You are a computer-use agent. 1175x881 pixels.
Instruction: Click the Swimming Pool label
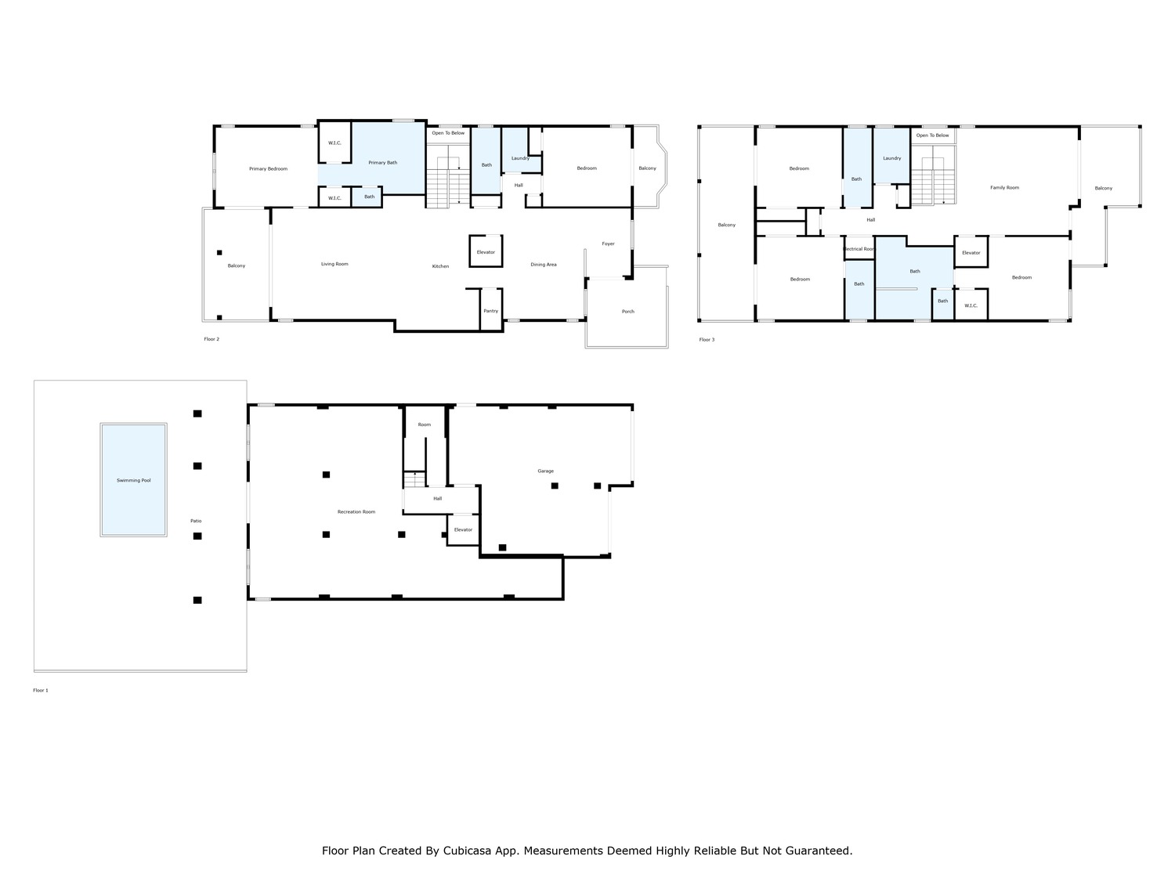[x=133, y=480]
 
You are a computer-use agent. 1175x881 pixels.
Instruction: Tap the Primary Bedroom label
[x=268, y=169]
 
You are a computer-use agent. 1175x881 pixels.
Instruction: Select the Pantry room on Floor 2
[x=491, y=310]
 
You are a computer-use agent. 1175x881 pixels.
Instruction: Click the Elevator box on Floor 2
[x=486, y=251]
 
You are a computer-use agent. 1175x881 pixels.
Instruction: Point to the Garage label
[x=545, y=471]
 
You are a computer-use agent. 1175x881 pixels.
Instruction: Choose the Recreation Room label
[x=356, y=512]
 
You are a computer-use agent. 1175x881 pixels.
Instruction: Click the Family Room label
[x=1004, y=188]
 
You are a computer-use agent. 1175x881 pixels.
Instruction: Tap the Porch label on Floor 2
[x=628, y=312]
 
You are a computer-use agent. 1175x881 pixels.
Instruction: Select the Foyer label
[x=608, y=244]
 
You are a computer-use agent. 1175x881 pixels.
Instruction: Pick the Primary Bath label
[x=383, y=163]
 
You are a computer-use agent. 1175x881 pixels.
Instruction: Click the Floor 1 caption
[x=41, y=691]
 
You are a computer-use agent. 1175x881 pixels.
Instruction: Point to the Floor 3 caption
[x=707, y=340]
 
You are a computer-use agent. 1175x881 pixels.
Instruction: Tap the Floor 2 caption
[x=211, y=339]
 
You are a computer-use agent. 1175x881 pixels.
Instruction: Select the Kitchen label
[x=440, y=266]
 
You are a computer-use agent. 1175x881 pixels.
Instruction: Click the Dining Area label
[x=544, y=265]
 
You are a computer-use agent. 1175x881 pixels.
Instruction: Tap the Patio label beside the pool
[x=196, y=521]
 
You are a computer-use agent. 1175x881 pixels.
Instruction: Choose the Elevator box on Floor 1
[x=463, y=529]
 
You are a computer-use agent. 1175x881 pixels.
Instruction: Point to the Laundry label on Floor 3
[x=891, y=158]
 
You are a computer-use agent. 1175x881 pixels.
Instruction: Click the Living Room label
[x=334, y=264]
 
